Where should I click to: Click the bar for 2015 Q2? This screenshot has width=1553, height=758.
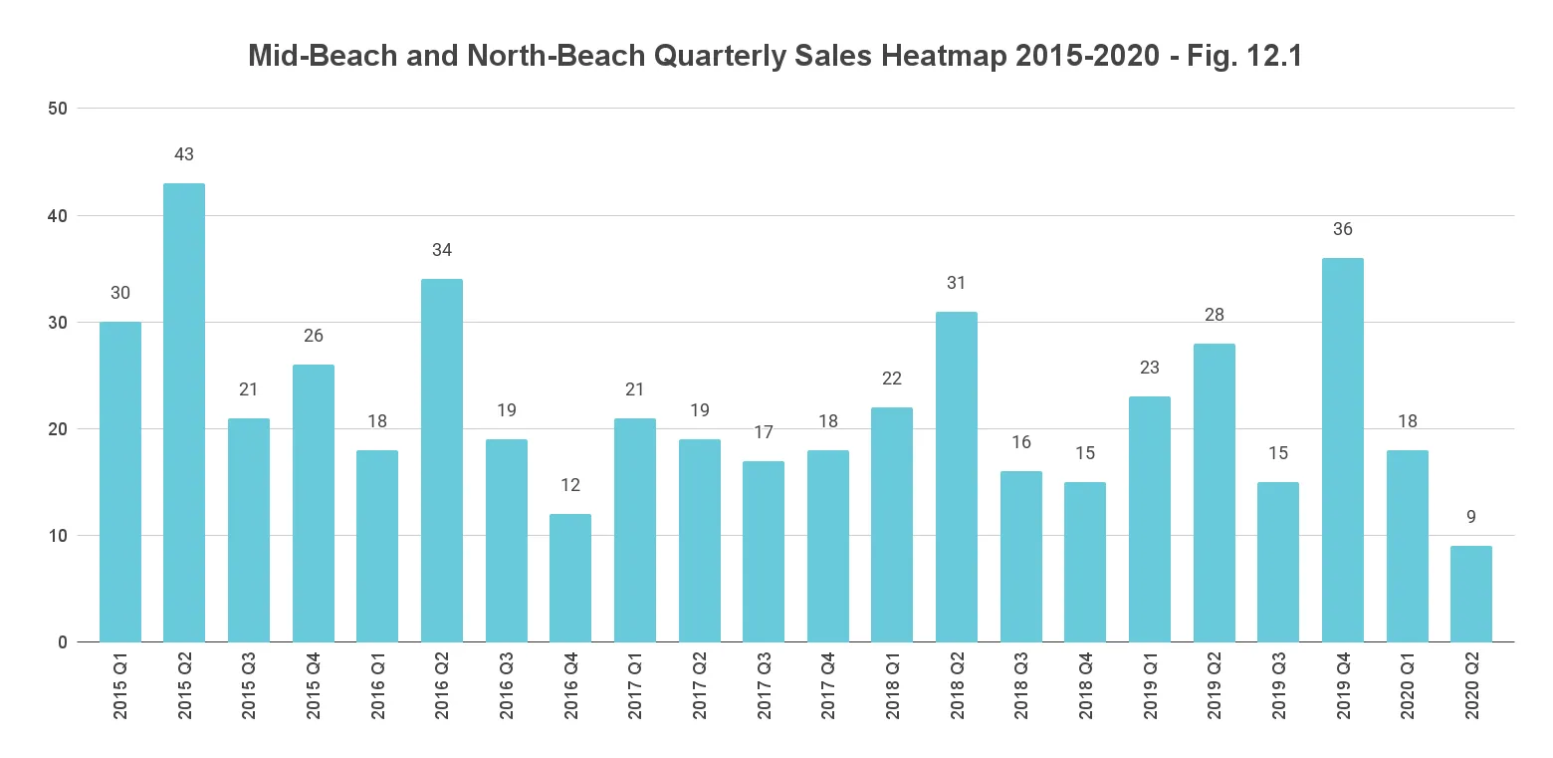coord(184,412)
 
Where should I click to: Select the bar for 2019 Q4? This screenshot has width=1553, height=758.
coord(1342,450)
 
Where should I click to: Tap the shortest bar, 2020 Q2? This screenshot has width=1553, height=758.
coord(1471,594)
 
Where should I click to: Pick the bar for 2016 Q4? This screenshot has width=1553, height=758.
coord(570,578)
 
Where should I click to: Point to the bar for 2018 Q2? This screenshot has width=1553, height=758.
coord(957,477)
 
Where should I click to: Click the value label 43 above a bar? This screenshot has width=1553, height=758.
coord(184,154)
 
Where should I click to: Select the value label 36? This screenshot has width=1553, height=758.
coord(1342,229)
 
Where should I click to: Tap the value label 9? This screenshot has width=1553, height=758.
coord(1471,517)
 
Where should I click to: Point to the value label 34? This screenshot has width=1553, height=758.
coord(442,250)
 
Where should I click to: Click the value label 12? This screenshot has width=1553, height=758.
coord(570,485)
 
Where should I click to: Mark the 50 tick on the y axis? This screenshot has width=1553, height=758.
coord(58,109)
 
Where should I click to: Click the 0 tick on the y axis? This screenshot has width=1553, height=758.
coord(63,642)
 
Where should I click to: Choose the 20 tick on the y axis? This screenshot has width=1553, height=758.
coord(58,429)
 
